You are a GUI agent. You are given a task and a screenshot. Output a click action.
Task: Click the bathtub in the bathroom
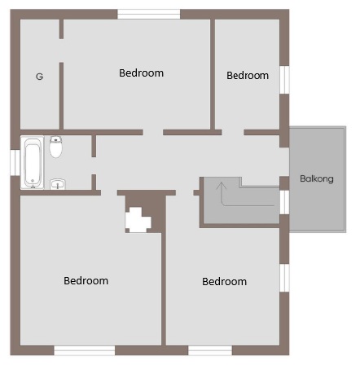point(33,163)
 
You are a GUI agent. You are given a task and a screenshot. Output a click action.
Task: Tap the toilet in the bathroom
point(56,147)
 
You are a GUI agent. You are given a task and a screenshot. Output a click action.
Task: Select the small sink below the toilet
point(58,184)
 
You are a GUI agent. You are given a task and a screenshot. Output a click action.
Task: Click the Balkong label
point(317,178)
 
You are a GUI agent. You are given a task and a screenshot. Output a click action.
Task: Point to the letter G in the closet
point(40,77)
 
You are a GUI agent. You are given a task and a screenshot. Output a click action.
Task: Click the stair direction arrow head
point(222,186)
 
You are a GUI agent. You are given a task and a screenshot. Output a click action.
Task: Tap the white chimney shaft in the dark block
point(138,220)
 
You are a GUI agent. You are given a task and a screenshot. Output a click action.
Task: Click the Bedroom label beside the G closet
point(141,73)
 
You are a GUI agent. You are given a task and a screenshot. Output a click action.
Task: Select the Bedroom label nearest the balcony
point(248,76)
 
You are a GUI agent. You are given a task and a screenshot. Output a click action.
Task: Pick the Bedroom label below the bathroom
point(86,280)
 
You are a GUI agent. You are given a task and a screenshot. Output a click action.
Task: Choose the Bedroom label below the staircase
point(224,281)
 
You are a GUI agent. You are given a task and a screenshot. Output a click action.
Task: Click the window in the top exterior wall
point(149,14)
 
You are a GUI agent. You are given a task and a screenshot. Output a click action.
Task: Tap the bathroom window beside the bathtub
point(15,163)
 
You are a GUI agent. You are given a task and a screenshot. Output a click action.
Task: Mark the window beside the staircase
point(284,202)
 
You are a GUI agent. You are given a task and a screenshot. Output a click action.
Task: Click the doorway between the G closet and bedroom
point(61,51)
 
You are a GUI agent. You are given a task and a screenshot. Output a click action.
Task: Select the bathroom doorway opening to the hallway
point(94,166)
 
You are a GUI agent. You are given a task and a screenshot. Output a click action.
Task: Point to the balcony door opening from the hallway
point(284,162)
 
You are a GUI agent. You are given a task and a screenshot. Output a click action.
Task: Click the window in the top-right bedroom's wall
point(284,80)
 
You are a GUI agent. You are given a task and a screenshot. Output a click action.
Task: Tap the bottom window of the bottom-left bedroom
point(85,350)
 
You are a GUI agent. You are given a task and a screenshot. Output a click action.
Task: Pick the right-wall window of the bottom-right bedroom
point(284,278)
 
